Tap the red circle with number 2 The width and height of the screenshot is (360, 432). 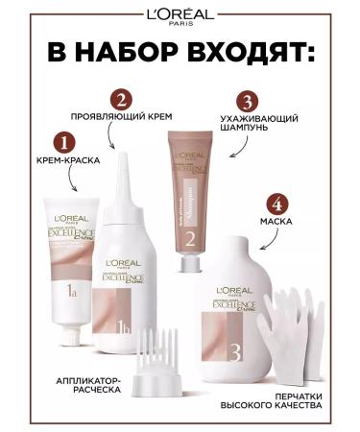coord(120,99)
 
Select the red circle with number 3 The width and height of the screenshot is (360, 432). coord(247,100)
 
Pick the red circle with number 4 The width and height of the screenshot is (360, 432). coord(276,204)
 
